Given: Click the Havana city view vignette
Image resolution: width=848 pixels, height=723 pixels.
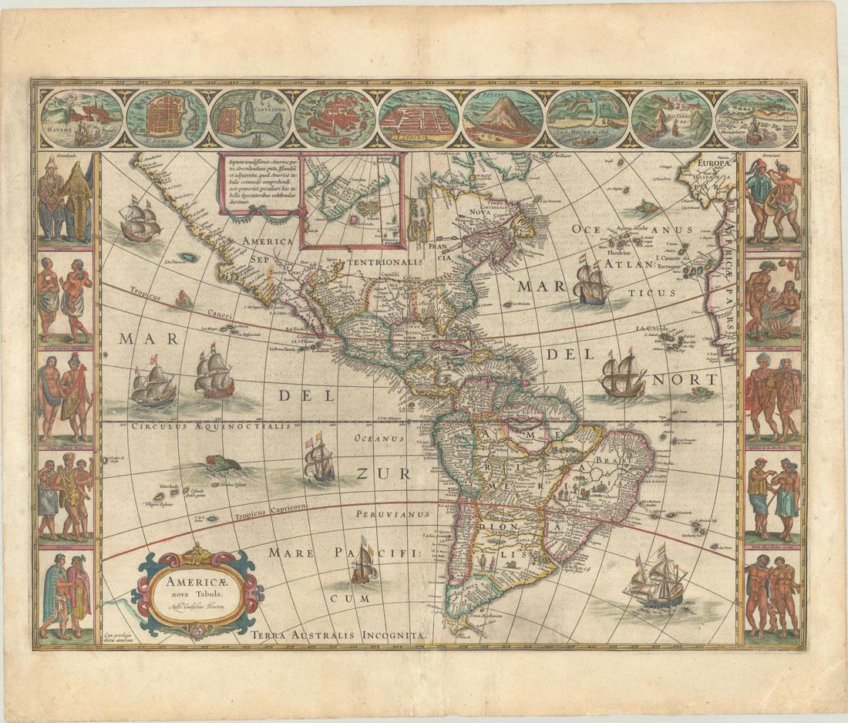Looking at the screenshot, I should (81, 118).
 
